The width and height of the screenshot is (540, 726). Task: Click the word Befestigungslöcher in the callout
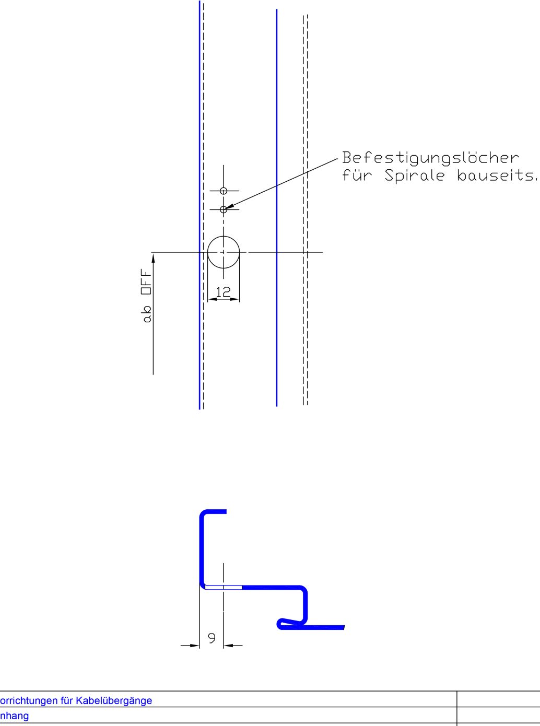[430, 158]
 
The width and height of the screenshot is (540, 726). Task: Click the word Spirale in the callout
[415, 175]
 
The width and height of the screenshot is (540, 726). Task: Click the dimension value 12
[223, 292]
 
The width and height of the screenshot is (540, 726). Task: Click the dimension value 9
[212, 638]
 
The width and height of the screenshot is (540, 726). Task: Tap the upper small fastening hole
[224, 191]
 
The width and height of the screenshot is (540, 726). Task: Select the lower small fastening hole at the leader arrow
[224, 209]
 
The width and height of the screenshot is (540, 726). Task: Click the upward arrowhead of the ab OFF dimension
[153, 258]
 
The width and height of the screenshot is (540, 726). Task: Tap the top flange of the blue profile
[215, 511]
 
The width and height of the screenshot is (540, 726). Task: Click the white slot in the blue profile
[223, 588]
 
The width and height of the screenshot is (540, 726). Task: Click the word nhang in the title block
[14, 716]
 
